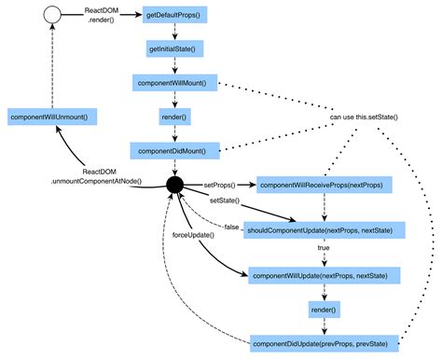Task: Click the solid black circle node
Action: tap(173, 186)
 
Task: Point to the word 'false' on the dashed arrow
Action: tap(230, 227)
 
